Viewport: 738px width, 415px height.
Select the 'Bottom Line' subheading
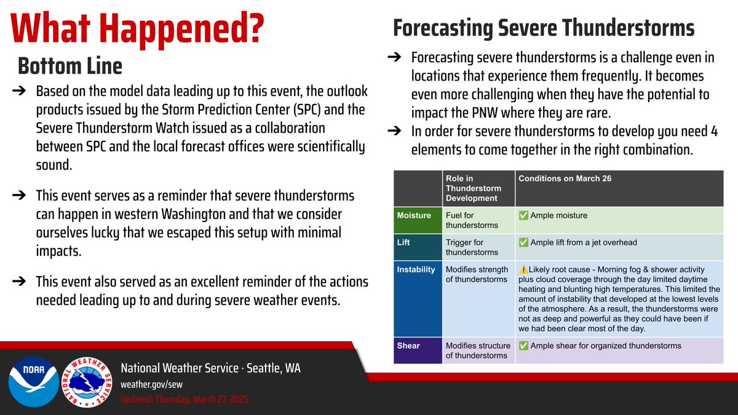click(69, 65)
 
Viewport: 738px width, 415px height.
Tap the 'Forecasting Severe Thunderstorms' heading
click(544, 28)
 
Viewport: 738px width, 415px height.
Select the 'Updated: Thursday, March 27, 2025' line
click(184, 400)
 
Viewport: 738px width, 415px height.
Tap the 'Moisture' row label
click(414, 215)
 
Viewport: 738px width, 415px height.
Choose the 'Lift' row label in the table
click(404, 243)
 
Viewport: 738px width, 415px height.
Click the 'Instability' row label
click(416, 269)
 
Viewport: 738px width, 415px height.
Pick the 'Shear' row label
click(408, 346)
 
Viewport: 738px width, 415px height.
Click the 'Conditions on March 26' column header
click(560, 179)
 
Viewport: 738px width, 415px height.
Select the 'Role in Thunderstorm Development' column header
click(473, 188)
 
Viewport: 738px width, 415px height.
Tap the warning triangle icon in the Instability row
click(523, 269)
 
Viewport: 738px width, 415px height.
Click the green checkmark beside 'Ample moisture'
click(523, 215)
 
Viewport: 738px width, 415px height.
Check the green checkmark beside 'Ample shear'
click(523, 346)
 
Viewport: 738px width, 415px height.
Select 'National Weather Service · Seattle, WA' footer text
click(211, 368)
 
